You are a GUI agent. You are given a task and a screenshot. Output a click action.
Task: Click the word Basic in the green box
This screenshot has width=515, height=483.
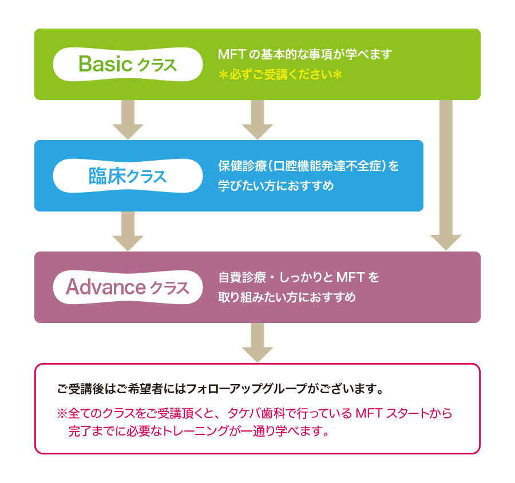105,63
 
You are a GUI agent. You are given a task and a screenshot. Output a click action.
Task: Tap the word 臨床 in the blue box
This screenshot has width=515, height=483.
107,176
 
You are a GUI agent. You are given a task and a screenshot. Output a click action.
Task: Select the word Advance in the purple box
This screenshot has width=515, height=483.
106,287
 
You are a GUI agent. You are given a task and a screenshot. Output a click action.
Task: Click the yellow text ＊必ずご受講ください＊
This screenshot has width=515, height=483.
280,74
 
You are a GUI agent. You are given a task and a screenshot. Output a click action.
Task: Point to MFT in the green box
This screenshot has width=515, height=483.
232,54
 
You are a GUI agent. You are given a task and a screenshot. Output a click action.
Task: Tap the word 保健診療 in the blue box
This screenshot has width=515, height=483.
242,166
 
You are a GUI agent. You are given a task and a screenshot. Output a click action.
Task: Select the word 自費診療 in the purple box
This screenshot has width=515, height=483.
242,278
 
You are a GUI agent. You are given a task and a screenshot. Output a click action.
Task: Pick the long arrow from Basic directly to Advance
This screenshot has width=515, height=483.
446,175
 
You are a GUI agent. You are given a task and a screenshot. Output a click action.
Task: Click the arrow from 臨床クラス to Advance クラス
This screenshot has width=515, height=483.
128,231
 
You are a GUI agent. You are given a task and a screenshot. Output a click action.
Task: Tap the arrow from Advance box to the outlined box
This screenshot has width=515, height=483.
257,342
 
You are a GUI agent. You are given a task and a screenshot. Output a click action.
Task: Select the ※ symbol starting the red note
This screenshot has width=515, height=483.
62,413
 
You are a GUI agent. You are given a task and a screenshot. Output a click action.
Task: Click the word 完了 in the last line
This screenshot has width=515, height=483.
80,431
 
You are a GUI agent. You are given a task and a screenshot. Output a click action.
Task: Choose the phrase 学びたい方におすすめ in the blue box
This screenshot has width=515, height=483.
276,186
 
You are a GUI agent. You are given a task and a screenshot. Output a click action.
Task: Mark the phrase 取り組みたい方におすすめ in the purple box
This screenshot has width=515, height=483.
287,297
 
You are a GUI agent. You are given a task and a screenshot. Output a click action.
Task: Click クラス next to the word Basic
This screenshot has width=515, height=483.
157,65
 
